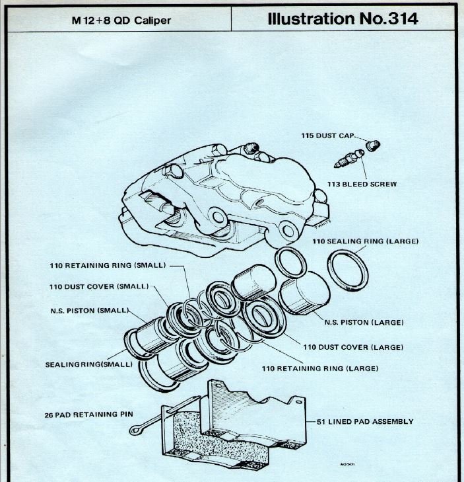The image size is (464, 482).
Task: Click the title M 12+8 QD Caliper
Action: click(121, 20)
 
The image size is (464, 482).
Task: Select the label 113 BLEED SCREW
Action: click(362, 184)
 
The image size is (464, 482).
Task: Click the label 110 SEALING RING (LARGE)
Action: click(365, 241)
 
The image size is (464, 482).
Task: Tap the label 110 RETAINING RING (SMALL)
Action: click(109, 266)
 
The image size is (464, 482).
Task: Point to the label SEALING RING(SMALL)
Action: click(88, 364)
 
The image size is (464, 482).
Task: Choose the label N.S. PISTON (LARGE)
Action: click(363, 323)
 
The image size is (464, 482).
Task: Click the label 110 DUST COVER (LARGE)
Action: click(353, 347)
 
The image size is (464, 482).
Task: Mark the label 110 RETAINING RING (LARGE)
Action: click(320, 368)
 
